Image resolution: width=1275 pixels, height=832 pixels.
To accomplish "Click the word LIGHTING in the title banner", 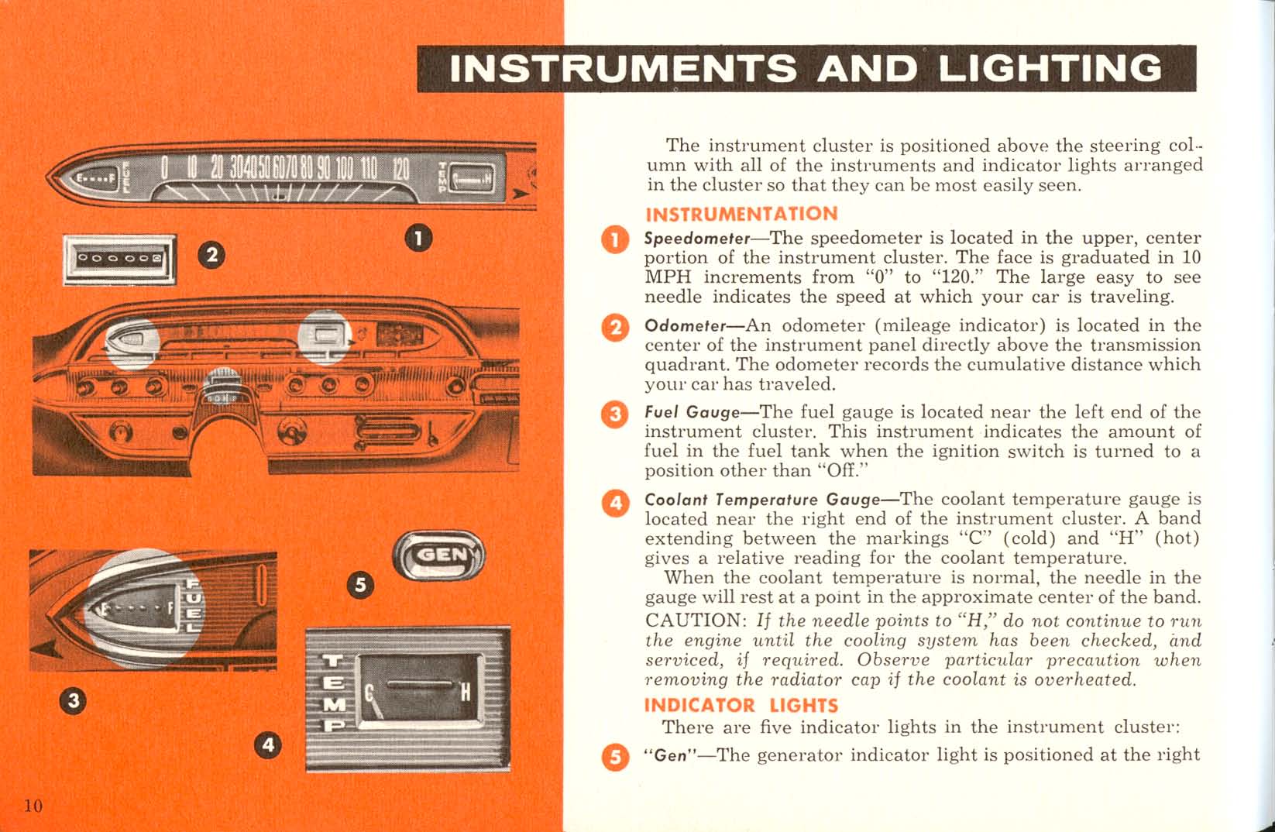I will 1050,69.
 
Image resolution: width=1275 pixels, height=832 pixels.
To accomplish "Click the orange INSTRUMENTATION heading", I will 741,214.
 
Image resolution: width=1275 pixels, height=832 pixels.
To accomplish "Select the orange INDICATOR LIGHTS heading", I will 741,705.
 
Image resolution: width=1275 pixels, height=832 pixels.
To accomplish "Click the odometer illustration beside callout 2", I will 120,258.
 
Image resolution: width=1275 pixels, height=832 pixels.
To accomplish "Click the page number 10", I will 33,805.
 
